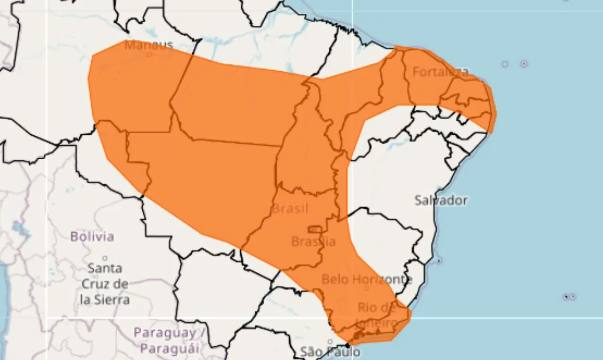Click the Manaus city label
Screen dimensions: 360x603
(x=149, y=45)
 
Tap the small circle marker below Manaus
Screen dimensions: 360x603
(x=149, y=54)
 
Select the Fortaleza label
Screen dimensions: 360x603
(x=440, y=72)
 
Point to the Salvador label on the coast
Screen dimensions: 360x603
(x=441, y=200)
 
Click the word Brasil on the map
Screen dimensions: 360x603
(x=290, y=208)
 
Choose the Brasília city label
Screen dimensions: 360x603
(x=313, y=242)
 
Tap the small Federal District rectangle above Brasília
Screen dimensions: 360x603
(x=315, y=229)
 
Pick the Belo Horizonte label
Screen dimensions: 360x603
(x=367, y=279)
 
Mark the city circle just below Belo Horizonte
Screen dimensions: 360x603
(x=367, y=288)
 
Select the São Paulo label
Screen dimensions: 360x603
(x=330, y=352)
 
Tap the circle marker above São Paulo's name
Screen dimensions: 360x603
(x=330, y=342)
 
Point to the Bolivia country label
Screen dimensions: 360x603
(x=92, y=236)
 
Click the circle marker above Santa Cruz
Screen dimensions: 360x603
(x=105, y=258)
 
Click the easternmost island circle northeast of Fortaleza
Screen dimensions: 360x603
(x=524, y=64)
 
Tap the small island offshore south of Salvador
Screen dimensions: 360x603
(x=439, y=261)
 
